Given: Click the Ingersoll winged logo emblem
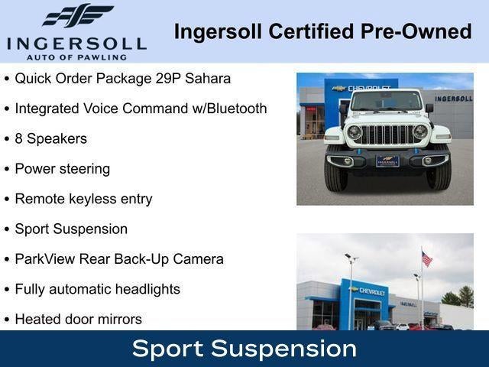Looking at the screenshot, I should click(x=76, y=16).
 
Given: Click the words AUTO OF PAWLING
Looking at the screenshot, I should click(x=76, y=57).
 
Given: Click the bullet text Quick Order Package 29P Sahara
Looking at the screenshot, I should click(x=122, y=79).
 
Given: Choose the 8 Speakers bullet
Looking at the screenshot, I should click(x=50, y=138).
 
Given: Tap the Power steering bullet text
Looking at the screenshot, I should click(x=62, y=168).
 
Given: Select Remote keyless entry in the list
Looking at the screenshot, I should click(x=83, y=199).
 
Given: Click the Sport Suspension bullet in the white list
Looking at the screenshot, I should click(x=71, y=229).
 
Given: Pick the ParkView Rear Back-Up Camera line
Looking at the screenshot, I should click(x=119, y=258).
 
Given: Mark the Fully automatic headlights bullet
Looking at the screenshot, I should click(x=97, y=289).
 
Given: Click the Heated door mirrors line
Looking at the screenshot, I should click(x=78, y=319).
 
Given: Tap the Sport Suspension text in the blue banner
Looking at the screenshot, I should click(x=244, y=349).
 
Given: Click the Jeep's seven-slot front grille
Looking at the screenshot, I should click(x=387, y=134).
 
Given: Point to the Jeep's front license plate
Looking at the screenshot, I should click(x=387, y=161).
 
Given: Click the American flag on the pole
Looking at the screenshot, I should click(x=426, y=259).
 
